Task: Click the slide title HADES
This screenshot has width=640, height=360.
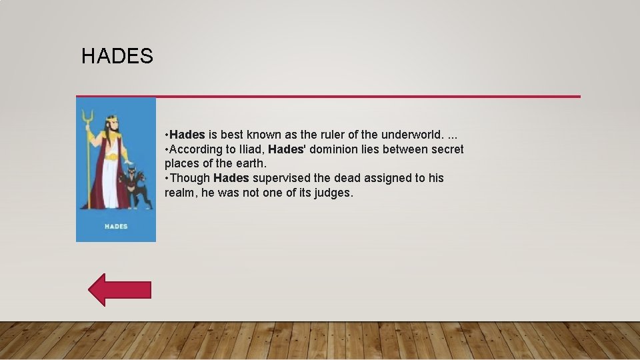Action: pos(117,57)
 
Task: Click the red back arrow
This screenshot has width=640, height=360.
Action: pos(120,290)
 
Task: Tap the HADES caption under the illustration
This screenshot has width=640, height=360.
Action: pos(116,227)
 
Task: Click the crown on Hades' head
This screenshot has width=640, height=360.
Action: pos(112,119)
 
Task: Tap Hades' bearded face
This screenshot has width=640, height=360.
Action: pos(112,127)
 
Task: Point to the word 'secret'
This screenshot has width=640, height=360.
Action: pos(446,149)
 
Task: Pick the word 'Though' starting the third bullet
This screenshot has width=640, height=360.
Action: pos(190,178)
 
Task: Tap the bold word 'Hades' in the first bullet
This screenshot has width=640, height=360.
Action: pos(187,135)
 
